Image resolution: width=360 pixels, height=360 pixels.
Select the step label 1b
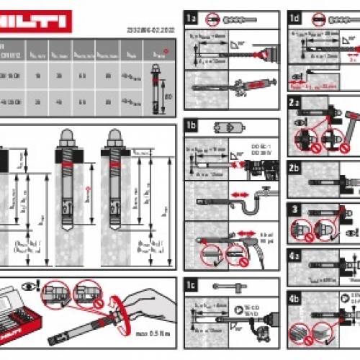click(x=192, y=124)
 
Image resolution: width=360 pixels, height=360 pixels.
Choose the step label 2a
click(x=295, y=103)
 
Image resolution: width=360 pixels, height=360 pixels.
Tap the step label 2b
click(x=295, y=168)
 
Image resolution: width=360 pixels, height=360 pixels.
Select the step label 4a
click(x=295, y=255)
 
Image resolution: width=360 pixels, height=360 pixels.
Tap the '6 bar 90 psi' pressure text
click(x=266, y=238)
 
